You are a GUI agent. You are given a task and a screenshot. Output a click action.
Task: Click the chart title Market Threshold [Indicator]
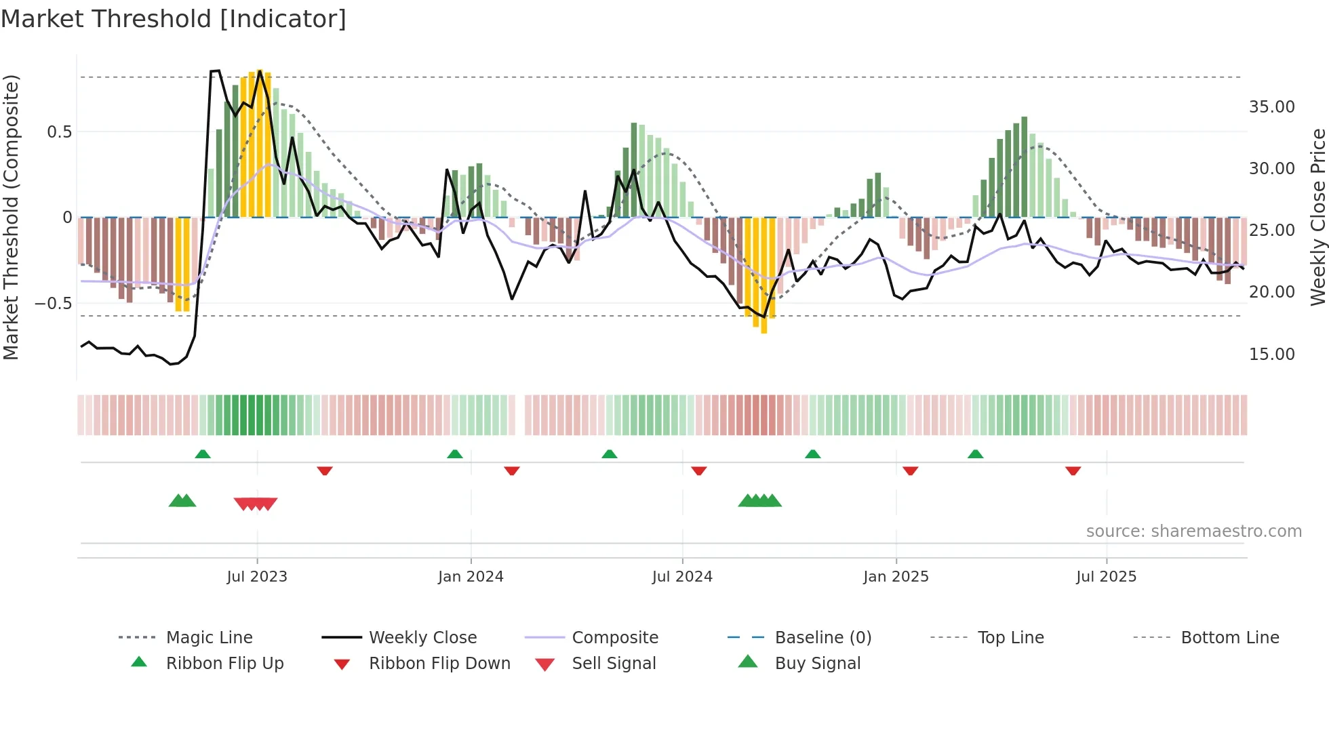tap(174, 19)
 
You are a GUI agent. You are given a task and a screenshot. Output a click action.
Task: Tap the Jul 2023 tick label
tap(257, 577)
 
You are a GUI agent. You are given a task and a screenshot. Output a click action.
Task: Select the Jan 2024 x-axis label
tap(471, 577)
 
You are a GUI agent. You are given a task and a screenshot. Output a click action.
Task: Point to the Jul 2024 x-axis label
tap(682, 577)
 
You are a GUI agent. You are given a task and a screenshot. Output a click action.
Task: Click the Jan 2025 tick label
tap(896, 577)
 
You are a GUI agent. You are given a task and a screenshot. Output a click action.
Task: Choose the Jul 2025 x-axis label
tap(1106, 577)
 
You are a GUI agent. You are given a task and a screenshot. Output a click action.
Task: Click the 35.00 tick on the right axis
tap(1271, 107)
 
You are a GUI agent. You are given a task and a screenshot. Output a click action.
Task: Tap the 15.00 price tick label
tap(1271, 355)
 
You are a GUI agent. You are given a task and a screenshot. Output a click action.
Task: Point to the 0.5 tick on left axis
tap(60, 132)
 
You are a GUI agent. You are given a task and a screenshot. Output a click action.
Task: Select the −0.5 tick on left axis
tap(54, 304)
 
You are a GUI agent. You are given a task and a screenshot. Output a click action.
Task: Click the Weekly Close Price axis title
tap(1317, 217)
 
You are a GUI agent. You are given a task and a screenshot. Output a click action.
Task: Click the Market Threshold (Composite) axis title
tap(12, 217)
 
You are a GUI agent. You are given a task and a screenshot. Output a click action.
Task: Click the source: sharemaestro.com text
tap(1193, 531)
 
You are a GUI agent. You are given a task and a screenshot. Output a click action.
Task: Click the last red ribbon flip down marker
tap(1073, 470)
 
